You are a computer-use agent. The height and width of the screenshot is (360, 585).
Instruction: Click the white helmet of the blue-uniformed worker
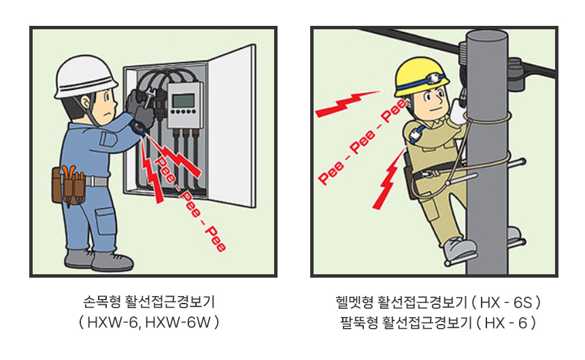pyautogui.click(x=85, y=78)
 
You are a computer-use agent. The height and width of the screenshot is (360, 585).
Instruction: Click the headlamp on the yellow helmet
pyautogui.click(x=434, y=79)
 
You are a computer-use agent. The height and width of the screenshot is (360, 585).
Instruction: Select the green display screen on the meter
pyautogui.click(x=183, y=100)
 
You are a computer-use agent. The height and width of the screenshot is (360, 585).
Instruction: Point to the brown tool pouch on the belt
pyautogui.click(x=69, y=185)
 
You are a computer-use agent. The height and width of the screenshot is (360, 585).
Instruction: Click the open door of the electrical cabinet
pyautogui.click(x=232, y=125)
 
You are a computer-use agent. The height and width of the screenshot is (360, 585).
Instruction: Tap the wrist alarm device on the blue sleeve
pyautogui.click(x=138, y=127)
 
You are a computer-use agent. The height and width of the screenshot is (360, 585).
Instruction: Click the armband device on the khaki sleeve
pyautogui.click(x=415, y=134)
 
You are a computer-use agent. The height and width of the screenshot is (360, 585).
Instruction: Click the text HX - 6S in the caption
pyautogui.click(x=506, y=301)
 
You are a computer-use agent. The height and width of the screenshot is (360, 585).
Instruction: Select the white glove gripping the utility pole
pyautogui.click(x=458, y=111)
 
